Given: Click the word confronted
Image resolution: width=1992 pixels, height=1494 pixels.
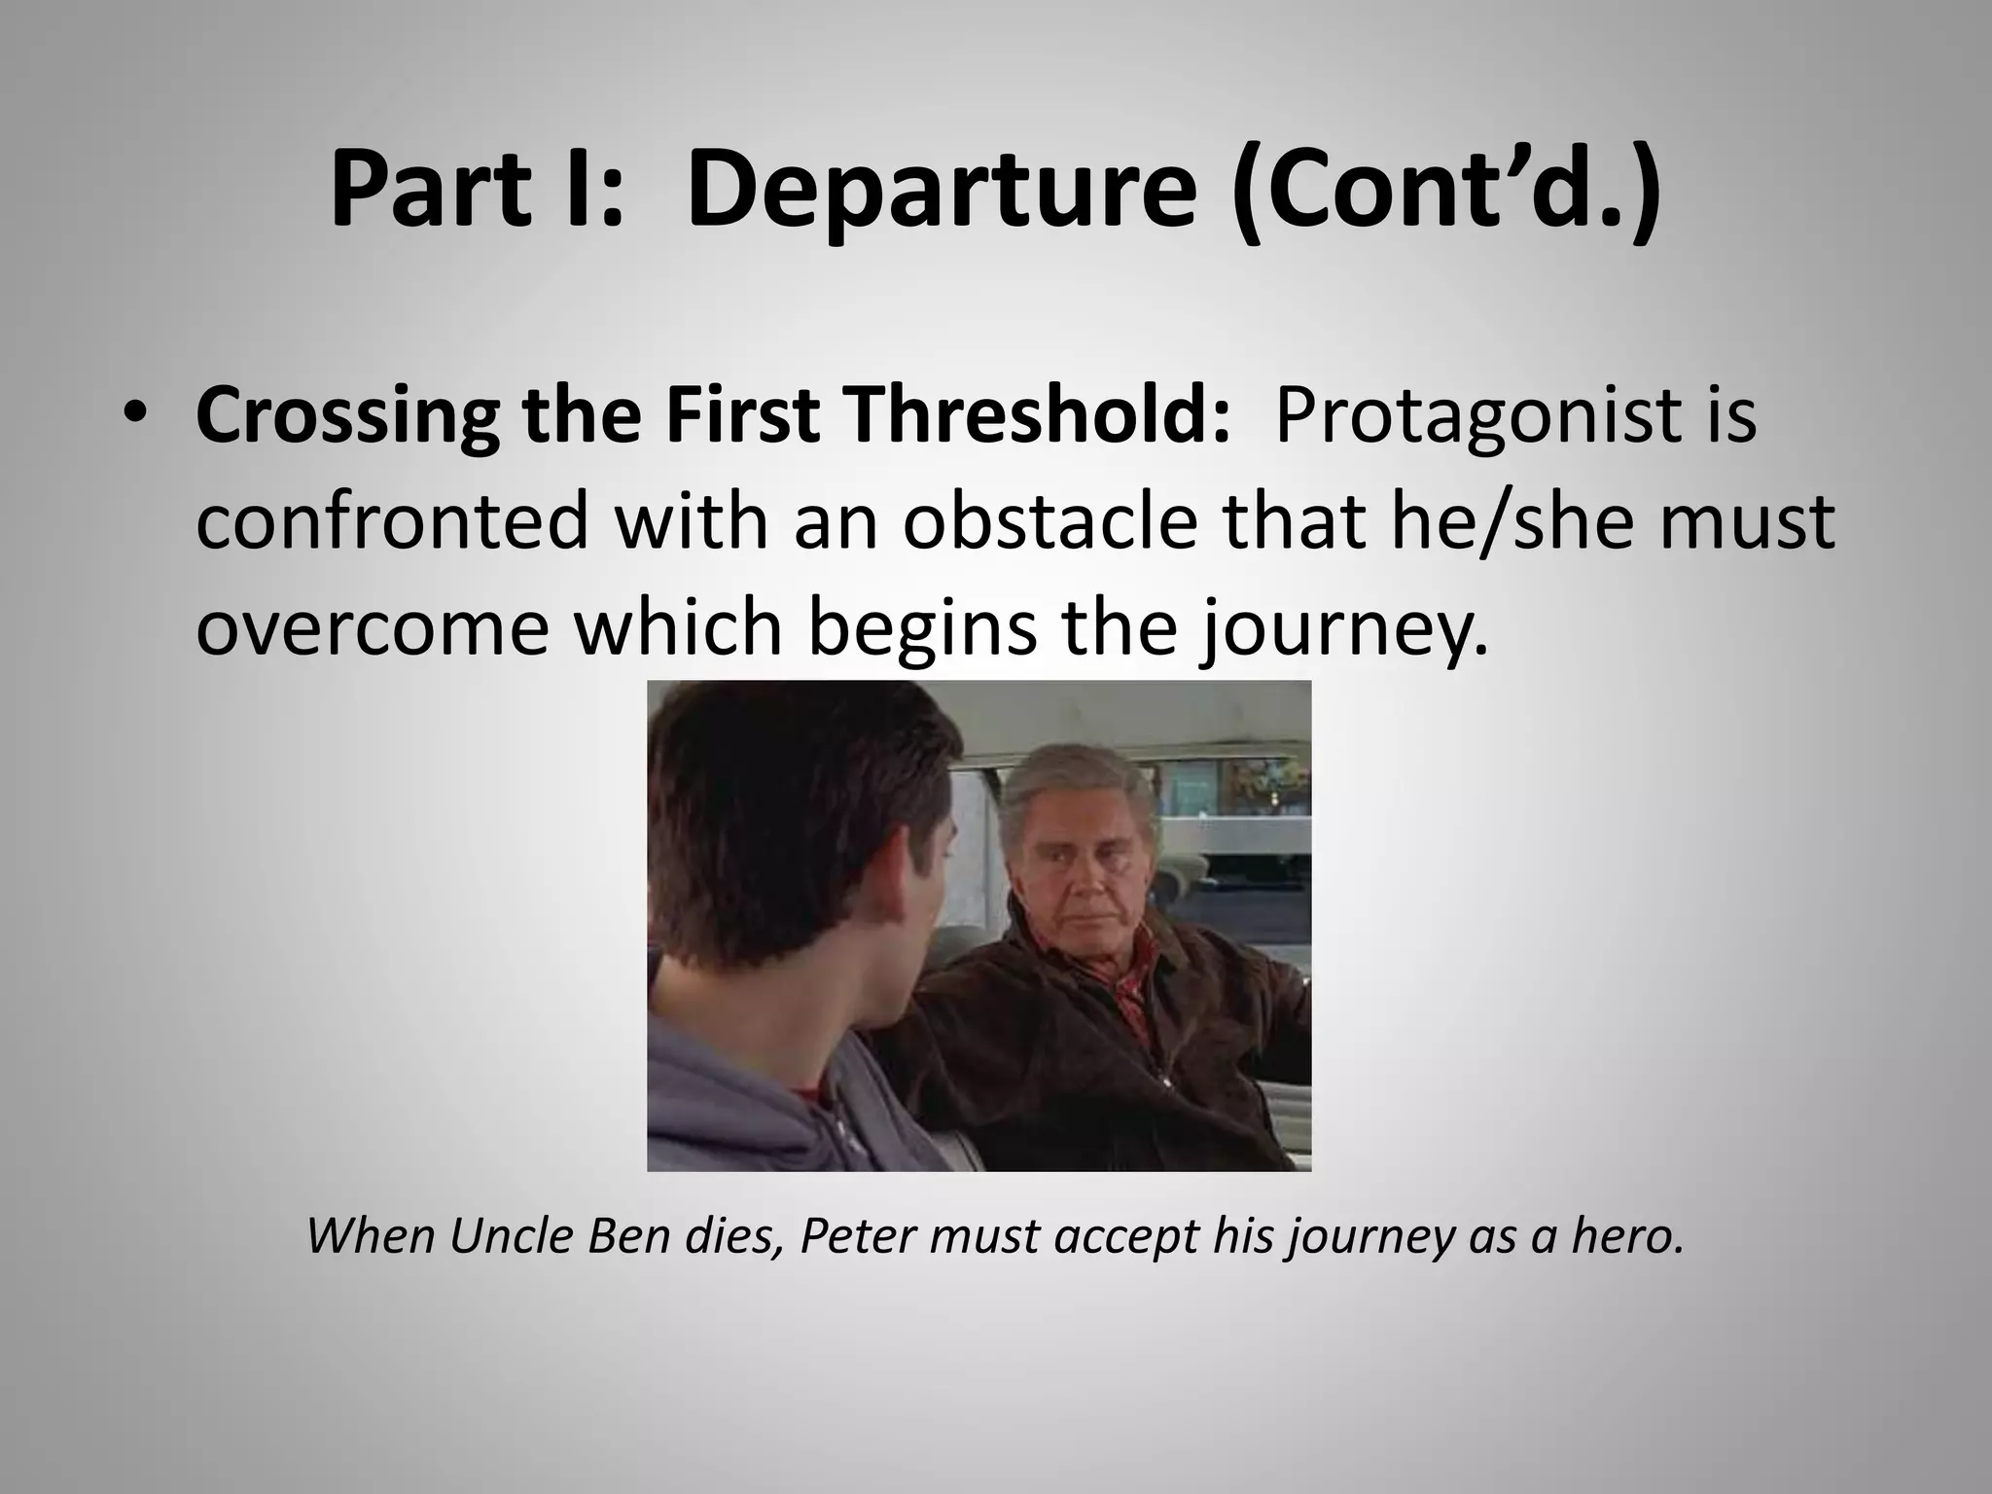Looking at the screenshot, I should pos(393,521).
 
